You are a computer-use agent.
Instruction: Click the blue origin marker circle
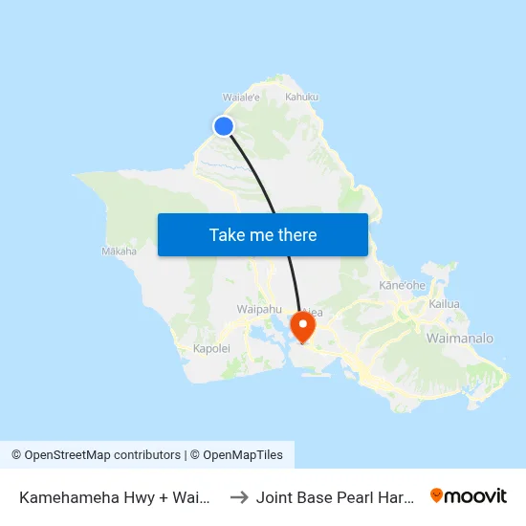[x=224, y=126]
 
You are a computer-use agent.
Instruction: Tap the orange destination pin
[x=303, y=325]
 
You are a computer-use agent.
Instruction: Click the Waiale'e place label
[x=241, y=97]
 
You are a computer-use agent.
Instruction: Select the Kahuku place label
[x=301, y=97]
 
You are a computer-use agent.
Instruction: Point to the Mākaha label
[x=119, y=252]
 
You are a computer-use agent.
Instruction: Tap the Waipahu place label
[x=258, y=309]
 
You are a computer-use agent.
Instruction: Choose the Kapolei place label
[x=211, y=348]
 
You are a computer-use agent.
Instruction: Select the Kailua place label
[x=445, y=304]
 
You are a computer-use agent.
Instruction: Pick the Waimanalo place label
[x=460, y=339]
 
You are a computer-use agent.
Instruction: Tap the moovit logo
[x=468, y=495]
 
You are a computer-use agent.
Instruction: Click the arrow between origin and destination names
[x=239, y=496]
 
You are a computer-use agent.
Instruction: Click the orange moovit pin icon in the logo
[x=437, y=495]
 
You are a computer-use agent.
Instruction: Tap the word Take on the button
[x=226, y=235]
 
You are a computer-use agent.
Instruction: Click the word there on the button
[x=296, y=235]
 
